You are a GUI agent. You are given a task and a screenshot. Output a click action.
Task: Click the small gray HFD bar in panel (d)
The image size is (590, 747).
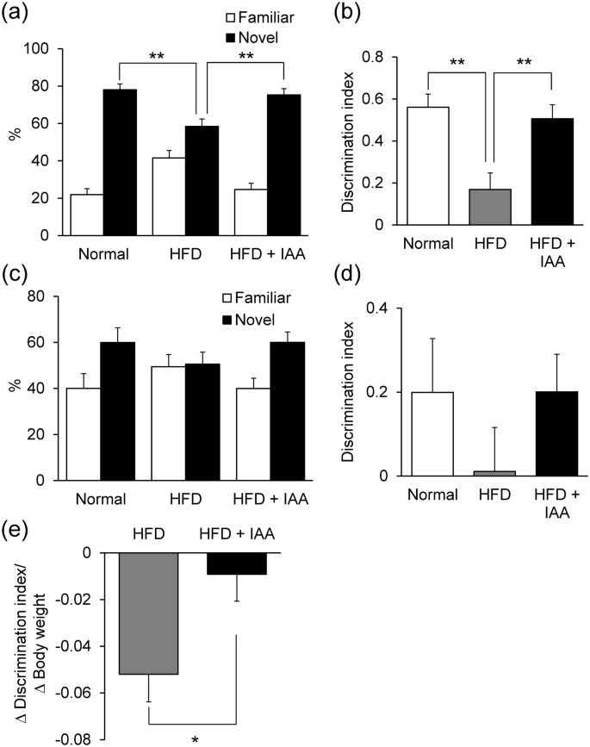487,473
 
